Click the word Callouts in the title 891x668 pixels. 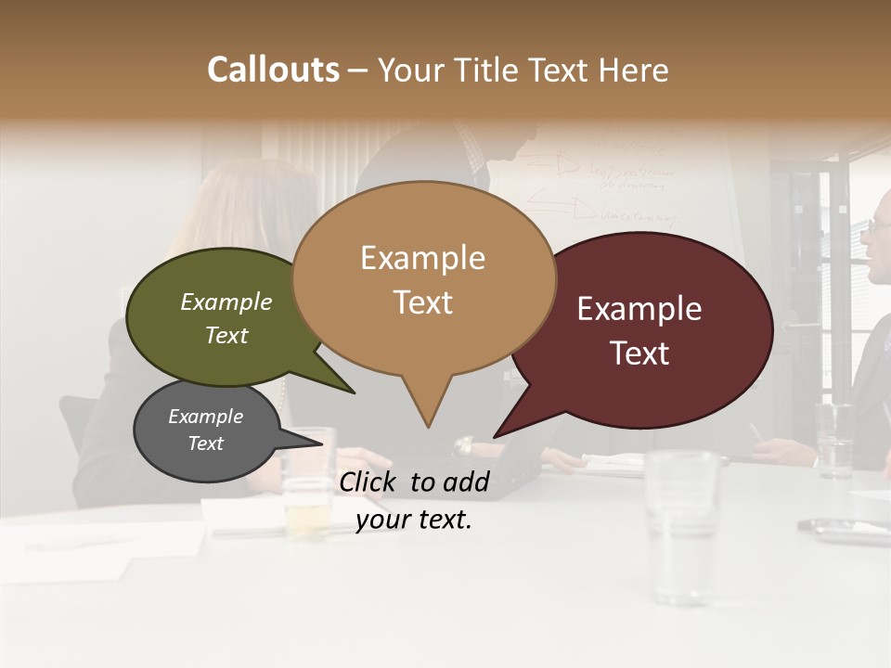[273, 70]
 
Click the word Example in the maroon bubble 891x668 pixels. [639, 309]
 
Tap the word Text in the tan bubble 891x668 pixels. [423, 302]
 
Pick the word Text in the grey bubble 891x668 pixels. [206, 443]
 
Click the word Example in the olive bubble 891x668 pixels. [226, 302]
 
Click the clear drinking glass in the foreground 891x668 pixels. [682, 520]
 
